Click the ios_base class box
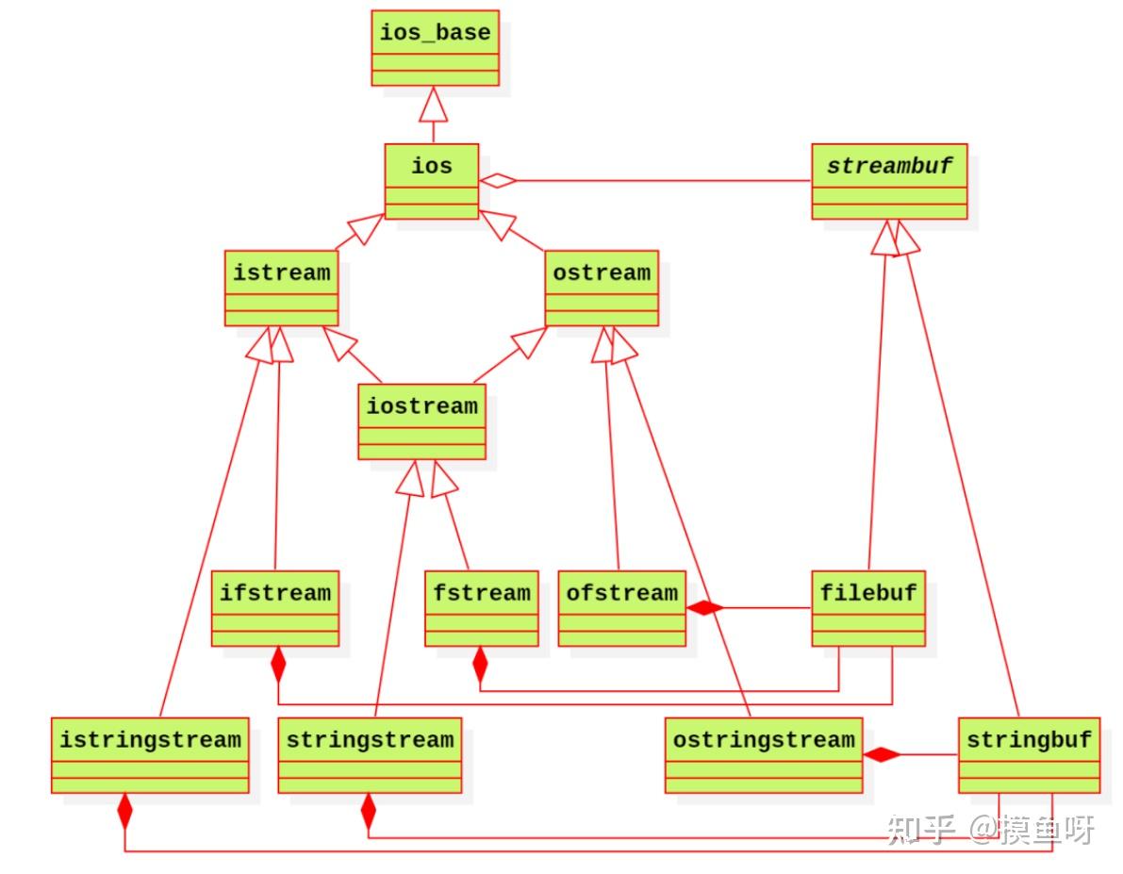coord(435,48)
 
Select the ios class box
coord(431,181)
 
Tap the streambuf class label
coord(889,166)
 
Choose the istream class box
coord(282,288)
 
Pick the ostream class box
coord(602,288)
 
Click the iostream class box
coord(421,421)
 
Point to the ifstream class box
coord(275,608)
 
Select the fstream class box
coord(481,608)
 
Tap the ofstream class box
coord(621,608)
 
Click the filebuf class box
coord(868,608)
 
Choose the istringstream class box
coord(151,755)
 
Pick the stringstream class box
coord(370,755)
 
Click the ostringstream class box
coord(764,755)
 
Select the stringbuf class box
coord(1029,755)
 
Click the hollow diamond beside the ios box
coord(498,180)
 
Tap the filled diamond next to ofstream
coord(704,608)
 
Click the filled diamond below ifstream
coord(278,665)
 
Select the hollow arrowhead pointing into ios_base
coord(434,104)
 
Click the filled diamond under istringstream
coord(124,812)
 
